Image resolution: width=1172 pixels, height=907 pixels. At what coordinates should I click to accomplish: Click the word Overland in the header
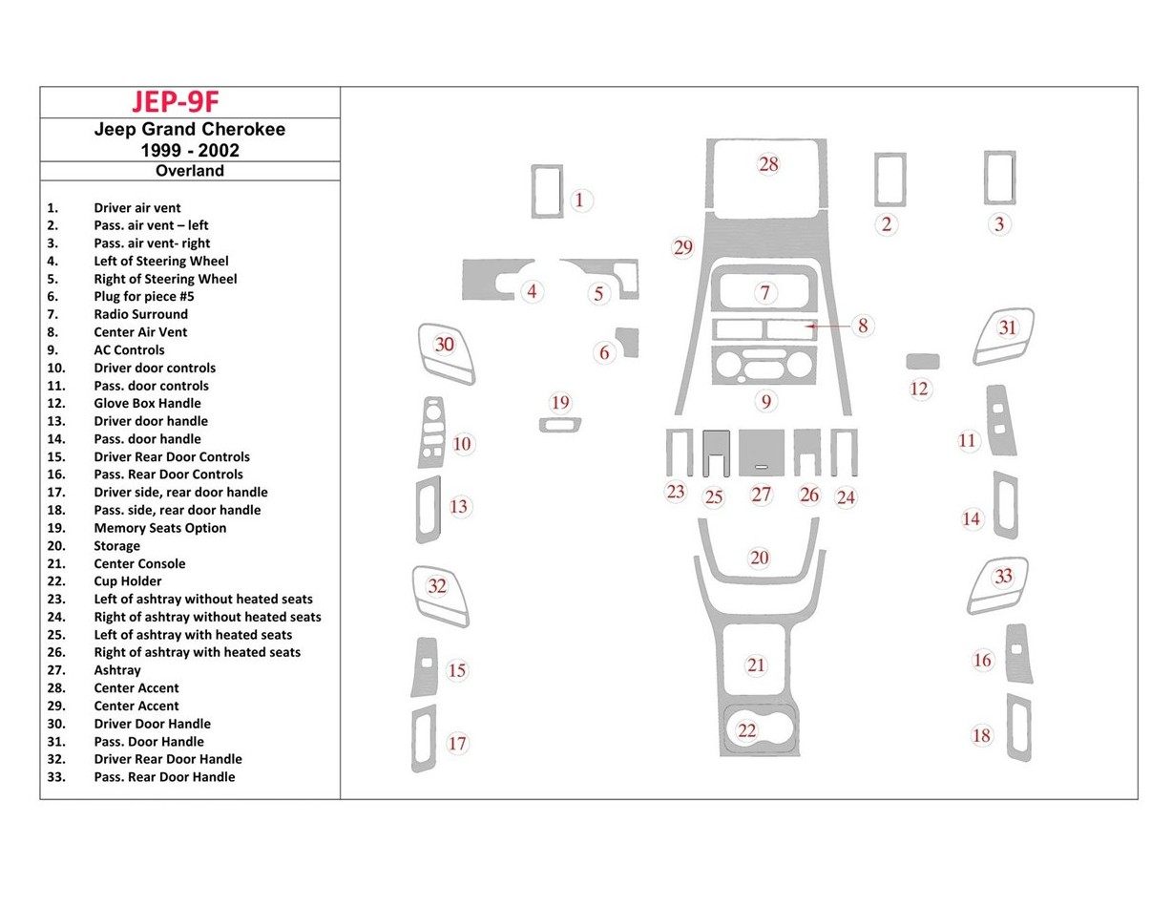pos(190,171)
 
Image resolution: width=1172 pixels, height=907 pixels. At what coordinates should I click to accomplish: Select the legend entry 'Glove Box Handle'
pos(147,403)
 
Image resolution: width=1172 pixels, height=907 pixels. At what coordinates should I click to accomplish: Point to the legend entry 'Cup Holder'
pos(128,580)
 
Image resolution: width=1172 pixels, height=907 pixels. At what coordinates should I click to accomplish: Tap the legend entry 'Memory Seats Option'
pos(159,527)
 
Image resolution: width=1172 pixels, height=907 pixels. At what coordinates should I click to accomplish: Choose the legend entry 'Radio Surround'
pos(140,313)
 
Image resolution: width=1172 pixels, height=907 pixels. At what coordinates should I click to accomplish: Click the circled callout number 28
pos(768,164)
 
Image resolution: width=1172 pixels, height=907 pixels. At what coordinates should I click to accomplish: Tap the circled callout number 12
pos(918,389)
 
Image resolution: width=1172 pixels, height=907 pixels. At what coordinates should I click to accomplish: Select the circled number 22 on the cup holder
pos(746,730)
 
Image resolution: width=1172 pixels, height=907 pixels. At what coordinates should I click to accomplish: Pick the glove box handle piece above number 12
pos(922,361)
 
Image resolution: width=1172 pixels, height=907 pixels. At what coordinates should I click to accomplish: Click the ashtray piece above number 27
pos(761,453)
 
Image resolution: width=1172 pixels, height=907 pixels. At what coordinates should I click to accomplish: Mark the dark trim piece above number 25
pos(716,453)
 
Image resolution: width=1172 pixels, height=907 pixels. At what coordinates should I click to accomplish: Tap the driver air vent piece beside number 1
pos(548,191)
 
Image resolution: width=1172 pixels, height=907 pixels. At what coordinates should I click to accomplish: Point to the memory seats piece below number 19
pos(559,425)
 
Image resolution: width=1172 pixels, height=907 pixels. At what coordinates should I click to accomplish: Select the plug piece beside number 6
pos(627,342)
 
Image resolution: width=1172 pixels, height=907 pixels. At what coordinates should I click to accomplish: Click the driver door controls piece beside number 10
pos(431,432)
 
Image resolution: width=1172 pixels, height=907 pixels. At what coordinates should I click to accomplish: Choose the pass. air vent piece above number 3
pos(999,178)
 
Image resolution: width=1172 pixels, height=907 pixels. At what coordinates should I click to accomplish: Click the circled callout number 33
pos(1003,577)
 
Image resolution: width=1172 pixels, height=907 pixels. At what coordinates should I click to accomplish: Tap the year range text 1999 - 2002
pos(190,150)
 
